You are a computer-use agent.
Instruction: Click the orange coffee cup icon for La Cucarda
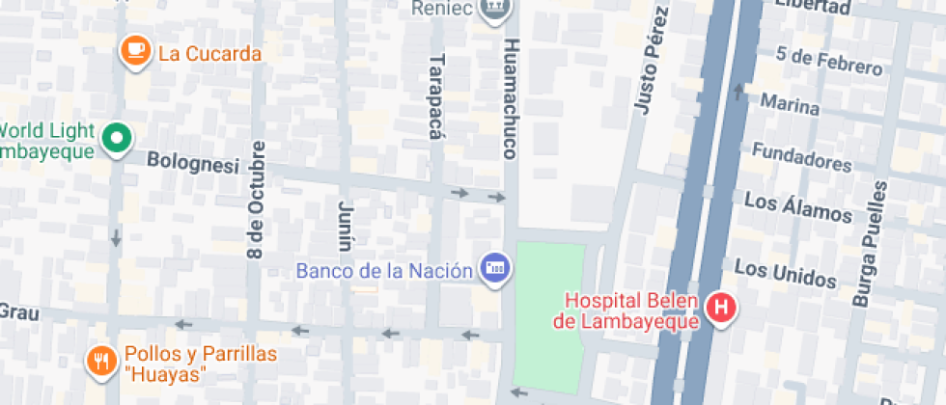[134, 52]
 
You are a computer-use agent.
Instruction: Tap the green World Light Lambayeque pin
[118, 139]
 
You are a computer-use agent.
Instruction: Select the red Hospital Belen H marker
[719, 310]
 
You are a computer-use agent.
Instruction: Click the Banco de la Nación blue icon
[493, 268]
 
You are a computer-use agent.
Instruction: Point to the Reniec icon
[494, 8]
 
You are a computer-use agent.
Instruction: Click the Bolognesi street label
[192, 164]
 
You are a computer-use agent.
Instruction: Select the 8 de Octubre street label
[256, 201]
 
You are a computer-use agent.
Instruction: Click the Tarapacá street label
[434, 95]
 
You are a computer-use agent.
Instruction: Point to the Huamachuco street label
[512, 99]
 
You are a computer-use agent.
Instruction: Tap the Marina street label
[791, 103]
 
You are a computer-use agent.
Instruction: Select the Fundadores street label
[801, 156]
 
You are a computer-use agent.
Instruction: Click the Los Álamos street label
[798, 207]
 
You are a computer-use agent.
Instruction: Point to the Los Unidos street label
[784, 273]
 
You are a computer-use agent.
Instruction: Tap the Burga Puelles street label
[868, 245]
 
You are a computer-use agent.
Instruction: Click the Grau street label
[17, 311]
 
